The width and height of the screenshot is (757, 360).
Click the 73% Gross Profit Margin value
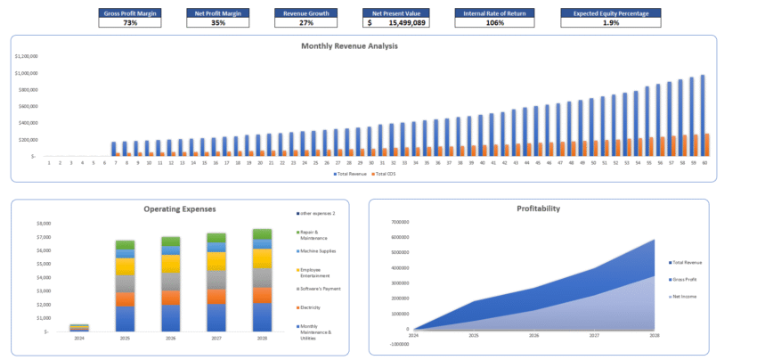click(x=130, y=22)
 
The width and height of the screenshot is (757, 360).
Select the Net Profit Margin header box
click(x=217, y=13)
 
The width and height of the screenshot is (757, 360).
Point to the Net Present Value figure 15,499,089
click(x=406, y=22)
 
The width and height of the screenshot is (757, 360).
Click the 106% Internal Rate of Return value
click(x=496, y=22)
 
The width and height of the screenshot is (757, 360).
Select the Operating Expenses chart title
click(x=180, y=209)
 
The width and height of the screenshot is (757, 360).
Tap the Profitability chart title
click(x=538, y=209)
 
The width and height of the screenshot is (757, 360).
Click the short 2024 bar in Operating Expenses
click(x=79, y=327)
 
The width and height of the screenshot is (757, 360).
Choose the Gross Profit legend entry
click(x=684, y=279)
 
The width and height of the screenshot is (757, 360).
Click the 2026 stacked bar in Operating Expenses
click(x=169, y=284)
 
